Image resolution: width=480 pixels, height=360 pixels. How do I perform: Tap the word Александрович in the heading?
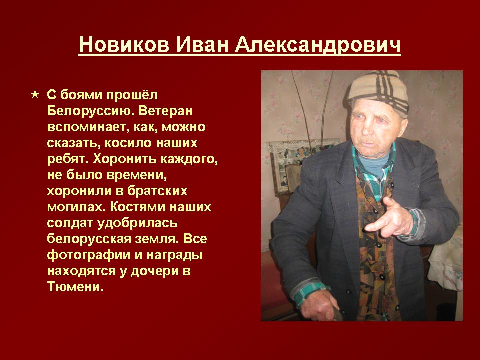[x=318, y=45]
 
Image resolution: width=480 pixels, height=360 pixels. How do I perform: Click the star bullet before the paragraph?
[x=35, y=94]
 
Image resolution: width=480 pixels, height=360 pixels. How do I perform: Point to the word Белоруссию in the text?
[x=90, y=111]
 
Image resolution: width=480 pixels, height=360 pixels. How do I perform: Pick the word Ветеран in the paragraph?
[x=165, y=111]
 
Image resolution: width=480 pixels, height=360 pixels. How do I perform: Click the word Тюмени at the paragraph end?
[x=75, y=287]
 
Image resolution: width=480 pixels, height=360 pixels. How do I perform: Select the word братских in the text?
[x=157, y=191]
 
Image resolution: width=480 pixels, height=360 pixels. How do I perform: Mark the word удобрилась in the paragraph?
[x=137, y=223]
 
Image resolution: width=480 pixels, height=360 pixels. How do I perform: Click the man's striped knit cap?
[x=379, y=90]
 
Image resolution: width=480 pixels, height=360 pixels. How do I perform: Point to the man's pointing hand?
[x=389, y=218]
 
